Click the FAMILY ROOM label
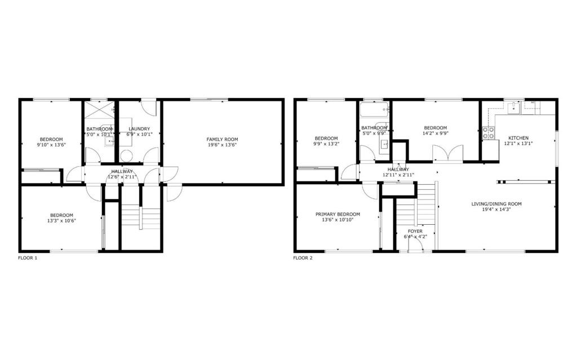coord(222,139)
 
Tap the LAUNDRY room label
coord(139,129)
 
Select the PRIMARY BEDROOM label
coord(338,214)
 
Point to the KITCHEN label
coord(518,138)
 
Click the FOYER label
coord(415,231)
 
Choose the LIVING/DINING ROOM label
coord(496,204)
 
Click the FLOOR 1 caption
coord(28,258)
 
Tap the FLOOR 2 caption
coord(303,258)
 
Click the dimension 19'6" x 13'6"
coord(222,145)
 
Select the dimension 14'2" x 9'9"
coord(436,134)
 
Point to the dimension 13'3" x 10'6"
coord(61,221)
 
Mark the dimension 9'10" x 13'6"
coord(51,145)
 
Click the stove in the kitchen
coord(489,132)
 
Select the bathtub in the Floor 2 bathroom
coord(374,110)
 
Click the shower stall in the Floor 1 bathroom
coord(99,109)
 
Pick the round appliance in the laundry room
coord(126,155)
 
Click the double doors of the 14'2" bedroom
coord(447,153)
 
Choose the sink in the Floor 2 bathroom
coord(384,144)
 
